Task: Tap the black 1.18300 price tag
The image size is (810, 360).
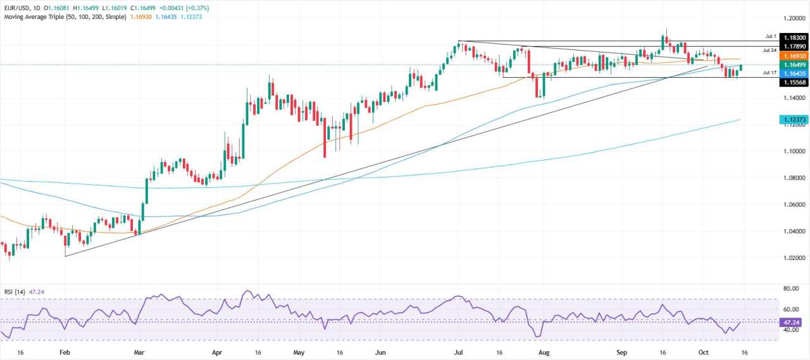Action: [x=787, y=38]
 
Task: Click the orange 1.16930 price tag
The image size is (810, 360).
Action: [x=787, y=56]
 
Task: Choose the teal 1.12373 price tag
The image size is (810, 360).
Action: [x=787, y=118]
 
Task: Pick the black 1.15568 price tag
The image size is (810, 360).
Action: [x=787, y=83]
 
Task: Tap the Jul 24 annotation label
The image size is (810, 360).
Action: [x=769, y=49]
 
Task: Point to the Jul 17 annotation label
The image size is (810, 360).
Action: [x=769, y=73]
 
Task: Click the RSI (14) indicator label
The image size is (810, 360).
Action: [x=15, y=292]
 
